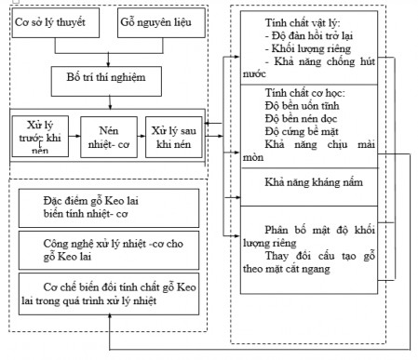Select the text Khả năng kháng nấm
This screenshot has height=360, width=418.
pyautogui.click(x=295, y=182)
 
